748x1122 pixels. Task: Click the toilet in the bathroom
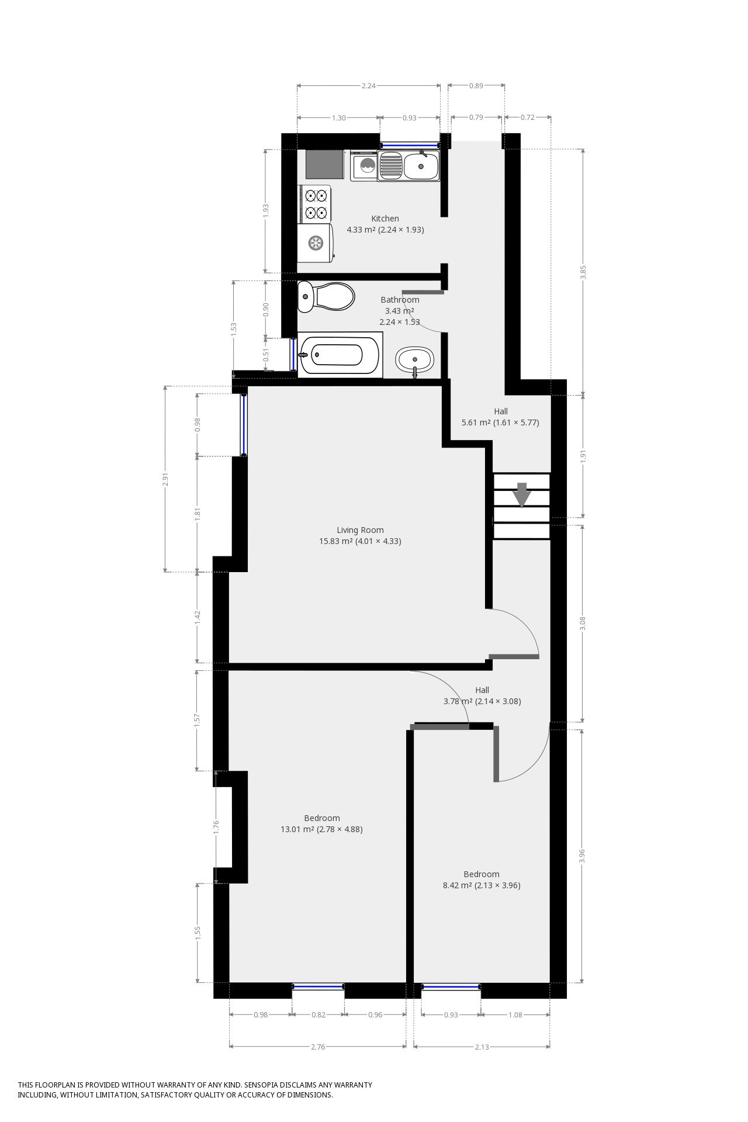click(x=325, y=297)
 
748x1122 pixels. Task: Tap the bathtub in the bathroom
click(x=340, y=355)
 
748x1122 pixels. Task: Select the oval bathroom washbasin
click(x=415, y=360)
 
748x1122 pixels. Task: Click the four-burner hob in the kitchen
click(x=316, y=204)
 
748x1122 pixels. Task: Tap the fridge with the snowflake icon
click(x=316, y=242)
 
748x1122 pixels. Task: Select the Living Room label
click(x=360, y=530)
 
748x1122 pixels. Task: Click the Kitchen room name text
click(x=385, y=219)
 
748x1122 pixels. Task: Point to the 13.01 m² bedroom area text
click(x=321, y=829)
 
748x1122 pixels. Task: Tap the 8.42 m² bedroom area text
click(x=481, y=885)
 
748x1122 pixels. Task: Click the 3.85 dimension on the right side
click(x=583, y=272)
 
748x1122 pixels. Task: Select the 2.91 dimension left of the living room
click(x=165, y=479)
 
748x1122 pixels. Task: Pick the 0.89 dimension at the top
click(x=476, y=86)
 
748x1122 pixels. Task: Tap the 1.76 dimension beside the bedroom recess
click(x=216, y=827)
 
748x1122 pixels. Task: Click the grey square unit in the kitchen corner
click(x=324, y=165)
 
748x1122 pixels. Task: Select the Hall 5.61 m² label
click(x=500, y=417)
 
